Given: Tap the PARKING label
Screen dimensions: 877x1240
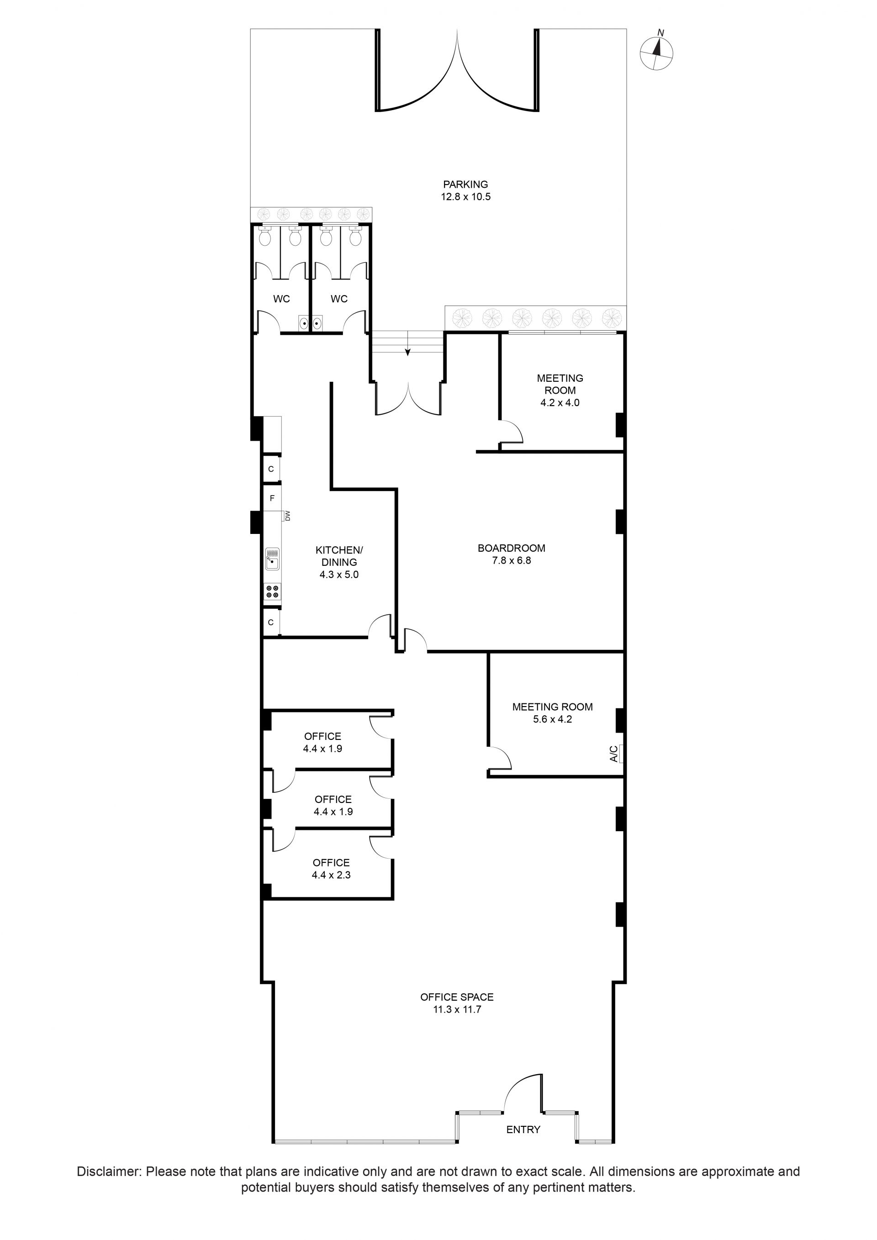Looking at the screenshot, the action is click(465, 184).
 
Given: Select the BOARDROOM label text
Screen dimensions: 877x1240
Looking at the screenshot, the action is click(512, 548).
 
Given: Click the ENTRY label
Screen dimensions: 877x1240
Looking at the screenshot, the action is click(523, 1129).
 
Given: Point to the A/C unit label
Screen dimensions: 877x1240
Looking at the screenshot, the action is click(613, 754).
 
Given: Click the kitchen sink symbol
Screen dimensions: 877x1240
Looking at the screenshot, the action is click(273, 559).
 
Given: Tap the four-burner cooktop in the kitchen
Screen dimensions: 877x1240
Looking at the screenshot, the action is click(272, 591).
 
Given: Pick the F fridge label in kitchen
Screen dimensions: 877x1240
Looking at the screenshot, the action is click(272, 498).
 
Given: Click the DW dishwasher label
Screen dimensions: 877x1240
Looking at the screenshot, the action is click(287, 516).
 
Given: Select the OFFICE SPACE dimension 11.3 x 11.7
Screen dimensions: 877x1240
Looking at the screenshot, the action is click(457, 1009).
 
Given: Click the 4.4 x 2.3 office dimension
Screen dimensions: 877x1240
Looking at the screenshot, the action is click(331, 875).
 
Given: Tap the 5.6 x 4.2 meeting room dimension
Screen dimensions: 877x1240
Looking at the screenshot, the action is click(552, 719).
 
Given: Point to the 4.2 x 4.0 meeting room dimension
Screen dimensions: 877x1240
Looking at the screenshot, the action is click(560, 402).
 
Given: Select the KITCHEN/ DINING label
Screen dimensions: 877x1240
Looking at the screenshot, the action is click(339, 556).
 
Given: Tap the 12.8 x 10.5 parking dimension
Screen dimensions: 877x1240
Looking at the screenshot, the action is click(465, 196).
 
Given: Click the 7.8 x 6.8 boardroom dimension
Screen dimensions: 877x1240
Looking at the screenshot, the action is click(512, 560).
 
